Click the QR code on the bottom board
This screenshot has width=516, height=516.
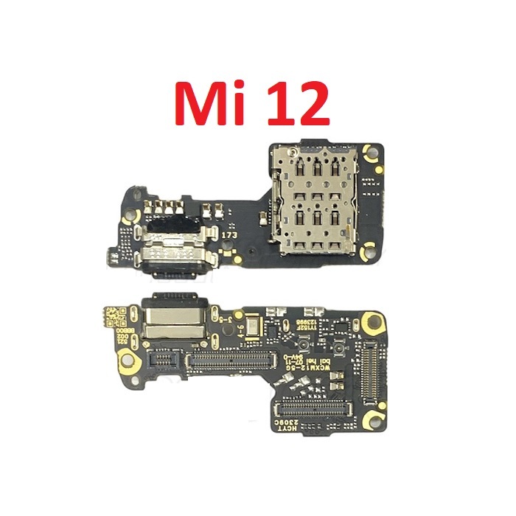point(110,315)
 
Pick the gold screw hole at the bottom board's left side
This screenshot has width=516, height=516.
point(128,361)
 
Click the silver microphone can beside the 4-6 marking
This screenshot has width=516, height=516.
point(253,325)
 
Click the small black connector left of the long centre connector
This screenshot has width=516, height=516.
point(163,360)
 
